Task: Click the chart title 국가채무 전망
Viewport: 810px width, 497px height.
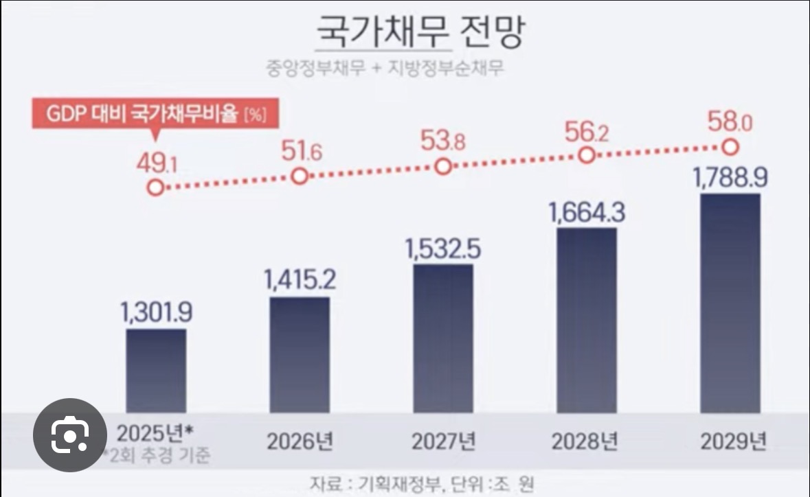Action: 419,32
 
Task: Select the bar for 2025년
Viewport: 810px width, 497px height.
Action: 156,371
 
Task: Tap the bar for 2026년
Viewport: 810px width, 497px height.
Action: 300,354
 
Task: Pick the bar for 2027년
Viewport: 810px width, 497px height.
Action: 443,338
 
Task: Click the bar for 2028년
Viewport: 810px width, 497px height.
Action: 586,320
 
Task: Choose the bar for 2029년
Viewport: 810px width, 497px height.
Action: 730,303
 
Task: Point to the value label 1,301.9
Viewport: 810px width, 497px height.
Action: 156,313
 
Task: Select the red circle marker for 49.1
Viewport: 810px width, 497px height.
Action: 156,188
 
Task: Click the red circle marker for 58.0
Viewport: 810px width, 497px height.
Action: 730,147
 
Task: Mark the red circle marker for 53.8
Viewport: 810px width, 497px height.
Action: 443,167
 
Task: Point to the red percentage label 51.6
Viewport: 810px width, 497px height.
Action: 300,151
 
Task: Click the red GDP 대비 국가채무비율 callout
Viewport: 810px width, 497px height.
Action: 156,115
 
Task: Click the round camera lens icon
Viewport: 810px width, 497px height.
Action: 69,434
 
